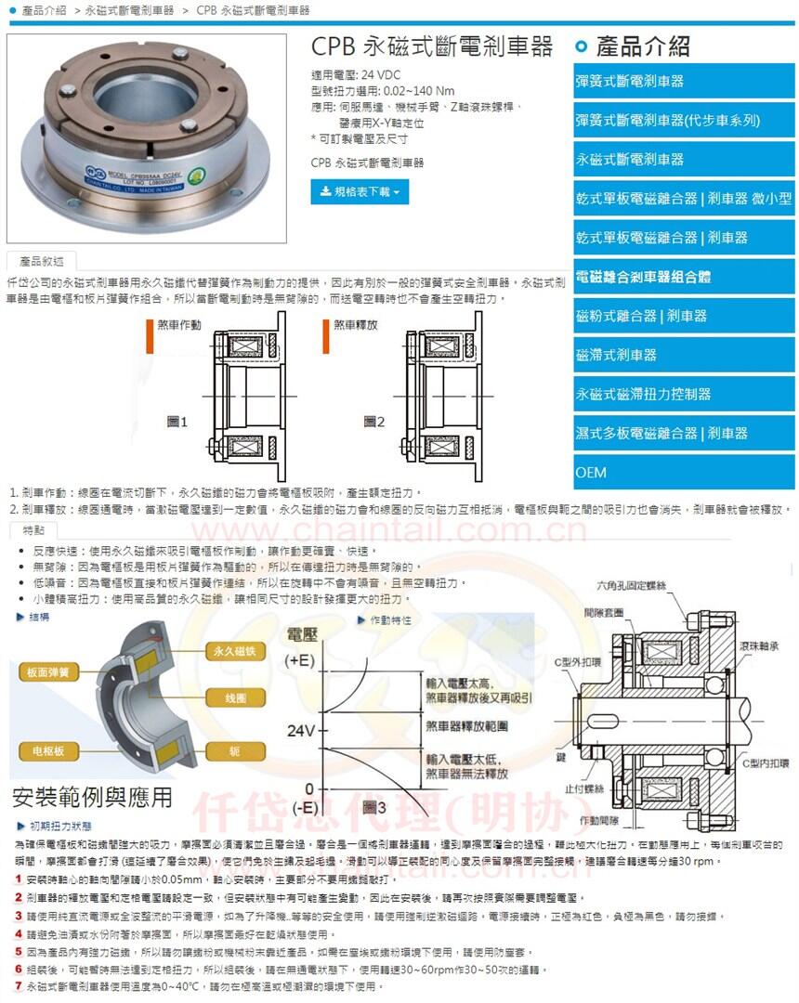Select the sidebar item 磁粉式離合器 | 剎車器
click(x=641, y=316)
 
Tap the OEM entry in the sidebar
click(x=591, y=473)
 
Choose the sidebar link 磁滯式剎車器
click(x=617, y=355)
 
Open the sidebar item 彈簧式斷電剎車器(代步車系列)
click(x=668, y=120)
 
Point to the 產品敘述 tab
click(x=41, y=261)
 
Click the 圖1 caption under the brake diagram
click(x=177, y=422)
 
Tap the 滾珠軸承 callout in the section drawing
click(x=759, y=645)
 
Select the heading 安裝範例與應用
click(x=92, y=797)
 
